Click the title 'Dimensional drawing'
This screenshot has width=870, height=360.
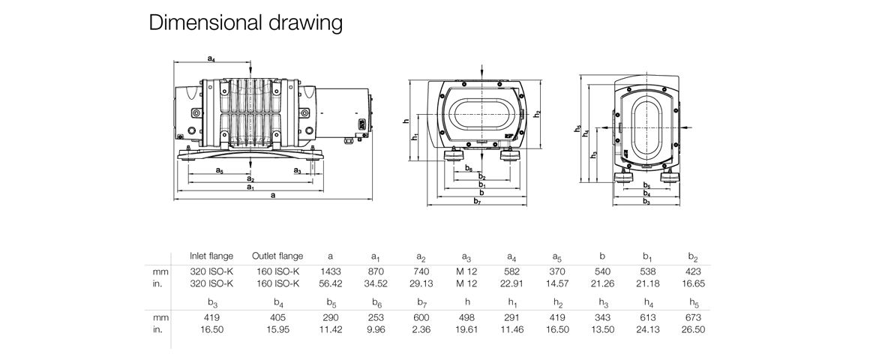pos(246,22)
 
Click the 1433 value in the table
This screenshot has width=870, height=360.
pos(331,271)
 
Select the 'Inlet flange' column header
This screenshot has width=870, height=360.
pos(212,256)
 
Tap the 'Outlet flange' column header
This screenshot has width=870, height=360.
pos(277,256)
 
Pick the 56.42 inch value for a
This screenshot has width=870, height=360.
pos(331,283)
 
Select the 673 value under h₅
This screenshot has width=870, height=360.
pos(694,318)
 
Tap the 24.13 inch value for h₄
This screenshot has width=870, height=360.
pos(648,330)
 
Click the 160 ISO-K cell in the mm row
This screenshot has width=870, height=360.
pos(277,271)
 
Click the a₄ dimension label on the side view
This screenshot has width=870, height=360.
pos(211,58)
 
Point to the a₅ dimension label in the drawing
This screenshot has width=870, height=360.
pos(219,171)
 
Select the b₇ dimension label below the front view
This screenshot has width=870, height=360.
pos(477,201)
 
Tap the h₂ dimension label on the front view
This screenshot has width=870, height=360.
pos(537,114)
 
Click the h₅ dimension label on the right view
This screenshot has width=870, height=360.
pos(577,129)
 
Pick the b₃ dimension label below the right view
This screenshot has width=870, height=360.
pos(646,201)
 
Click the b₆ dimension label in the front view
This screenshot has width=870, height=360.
pos(469,169)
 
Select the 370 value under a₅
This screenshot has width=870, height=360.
pos(557,271)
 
